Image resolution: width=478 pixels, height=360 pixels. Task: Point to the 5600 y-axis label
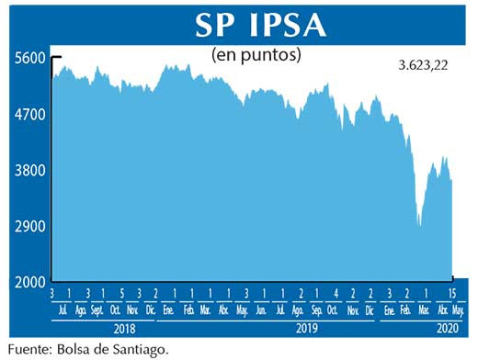tap(29, 58)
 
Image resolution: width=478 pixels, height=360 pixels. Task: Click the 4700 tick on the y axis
tap(29, 115)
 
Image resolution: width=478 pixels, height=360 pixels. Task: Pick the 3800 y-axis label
tap(29, 171)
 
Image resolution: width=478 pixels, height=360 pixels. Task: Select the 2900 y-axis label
tap(29, 226)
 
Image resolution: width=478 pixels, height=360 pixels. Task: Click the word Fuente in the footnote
tap(28, 348)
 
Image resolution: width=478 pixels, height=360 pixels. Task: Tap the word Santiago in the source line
tap(142, 348)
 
